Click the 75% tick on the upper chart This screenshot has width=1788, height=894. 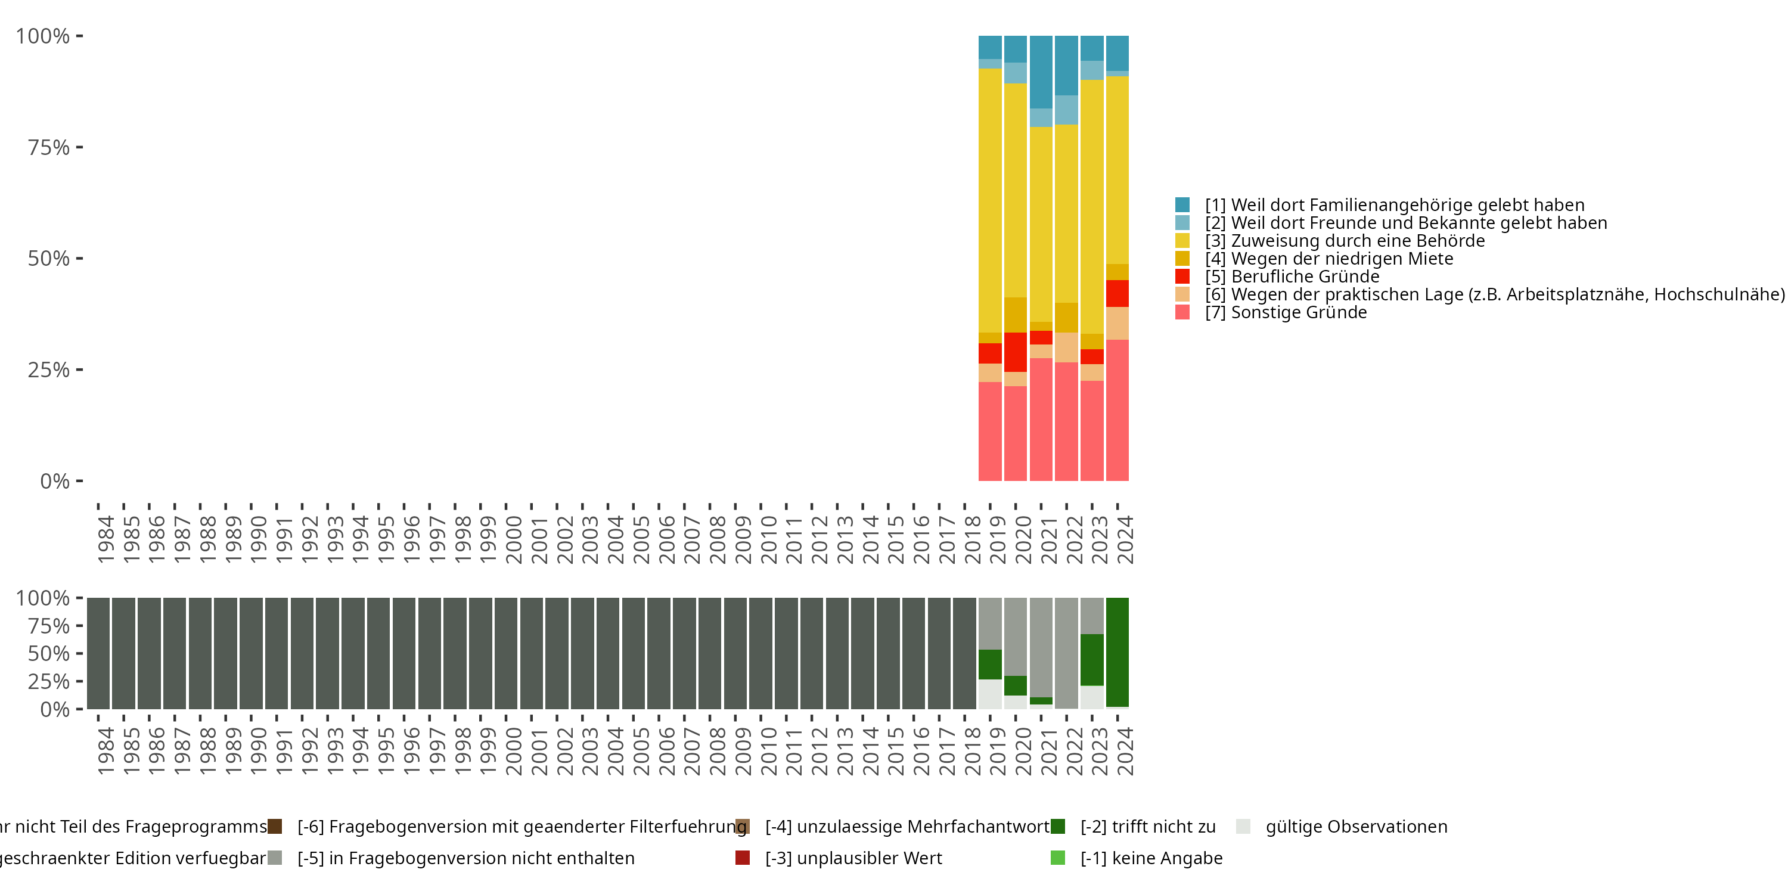[49, 148]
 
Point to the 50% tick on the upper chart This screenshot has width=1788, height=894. [49, 259]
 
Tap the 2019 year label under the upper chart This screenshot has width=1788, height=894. [998, 539]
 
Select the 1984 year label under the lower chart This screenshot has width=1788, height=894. [105, 751]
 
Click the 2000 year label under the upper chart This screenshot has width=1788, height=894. [514, 539]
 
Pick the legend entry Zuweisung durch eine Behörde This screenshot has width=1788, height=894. [1357, 241]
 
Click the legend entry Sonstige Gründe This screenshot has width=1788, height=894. [1298, 312]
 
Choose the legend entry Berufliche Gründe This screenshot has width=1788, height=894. [1304, 277]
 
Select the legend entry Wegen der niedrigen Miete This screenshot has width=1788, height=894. [1341, 259]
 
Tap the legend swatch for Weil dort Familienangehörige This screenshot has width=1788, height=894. [1182, 205]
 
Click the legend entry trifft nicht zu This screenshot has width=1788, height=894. [1147, 827]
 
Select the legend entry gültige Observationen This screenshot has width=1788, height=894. [1355, 827]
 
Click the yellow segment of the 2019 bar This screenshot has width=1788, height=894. [990, 201]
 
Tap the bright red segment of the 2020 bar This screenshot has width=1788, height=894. [1016, 352]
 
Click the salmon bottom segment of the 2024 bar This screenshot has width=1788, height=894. [1117, 409]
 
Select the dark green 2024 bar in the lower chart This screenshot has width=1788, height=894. [1117, 653]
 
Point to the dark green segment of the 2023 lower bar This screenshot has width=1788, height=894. [1092, 659]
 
